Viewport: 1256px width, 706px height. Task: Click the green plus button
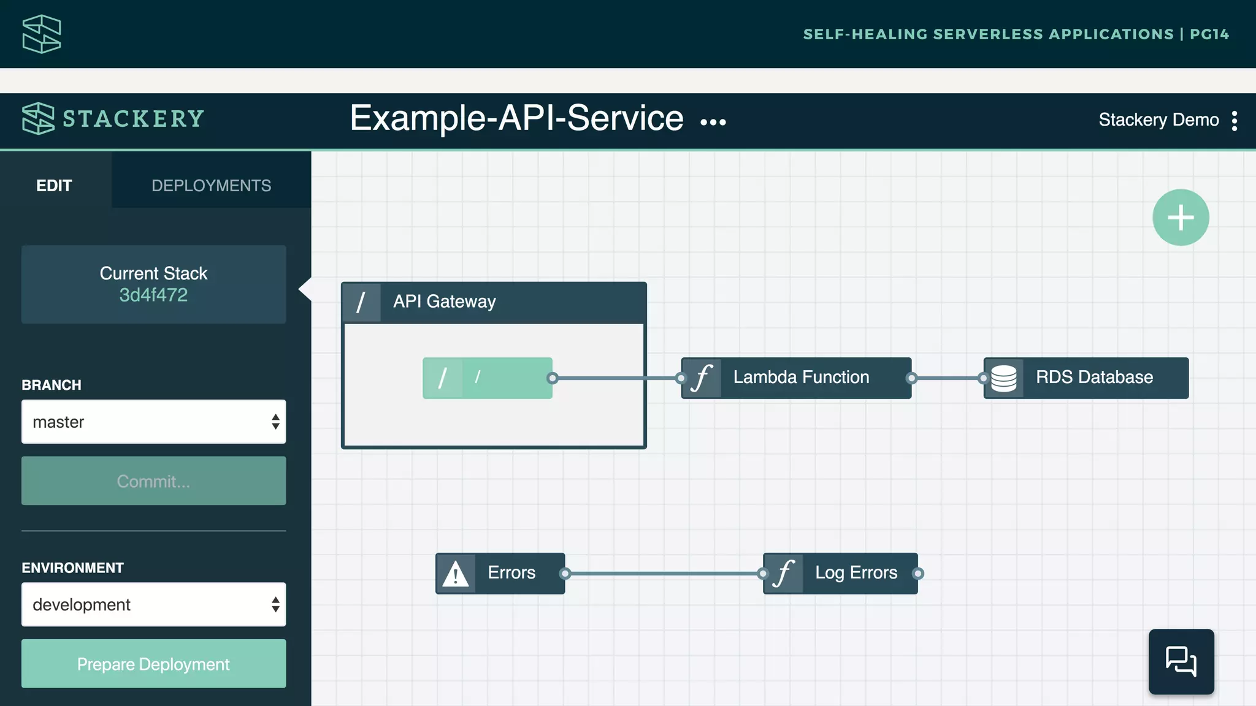pyautogui.click(x=1181, y=218)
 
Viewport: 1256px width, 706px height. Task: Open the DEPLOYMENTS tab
pyautogui.click(x=211, y=185)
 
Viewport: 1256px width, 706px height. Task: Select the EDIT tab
pyautogui.click(x=54, y=185)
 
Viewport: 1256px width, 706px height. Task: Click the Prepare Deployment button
pyautogui.click(x=153, y=664)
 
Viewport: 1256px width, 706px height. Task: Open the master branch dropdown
pyautogui.click(x=153, y=422)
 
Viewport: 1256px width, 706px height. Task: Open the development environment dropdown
pyautogui.click(x=153, y=604)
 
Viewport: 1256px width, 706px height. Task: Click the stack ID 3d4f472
pyautogui.click(x=153, y=295)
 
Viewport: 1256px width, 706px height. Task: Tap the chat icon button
pyautogui.click(x=1181, y=661)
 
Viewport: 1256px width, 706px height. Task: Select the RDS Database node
pyautogui.click(x=1093, y=378)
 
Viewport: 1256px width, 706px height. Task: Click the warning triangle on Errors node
pyautogui.click(x=456, y=574)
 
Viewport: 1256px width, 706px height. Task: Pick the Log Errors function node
pyautogui.click(x=855, y=573)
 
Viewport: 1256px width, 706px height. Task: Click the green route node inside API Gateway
pyautogui.click(x=488, y=378)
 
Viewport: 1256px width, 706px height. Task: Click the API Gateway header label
pyautogui.click(x=444, y=302)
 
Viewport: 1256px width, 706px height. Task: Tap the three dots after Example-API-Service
pyautogui.click(x=713, y=122)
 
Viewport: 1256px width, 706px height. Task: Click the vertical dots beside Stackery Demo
pyautogui.click(x=1235, y=121)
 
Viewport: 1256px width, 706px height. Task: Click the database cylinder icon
pyautogui.click(x=1004, y=378)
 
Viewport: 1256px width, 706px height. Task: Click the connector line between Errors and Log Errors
pyautogui.click(x=664, y=574)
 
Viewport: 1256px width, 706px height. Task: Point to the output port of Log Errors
pyautogui.click(x=917, y=574)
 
